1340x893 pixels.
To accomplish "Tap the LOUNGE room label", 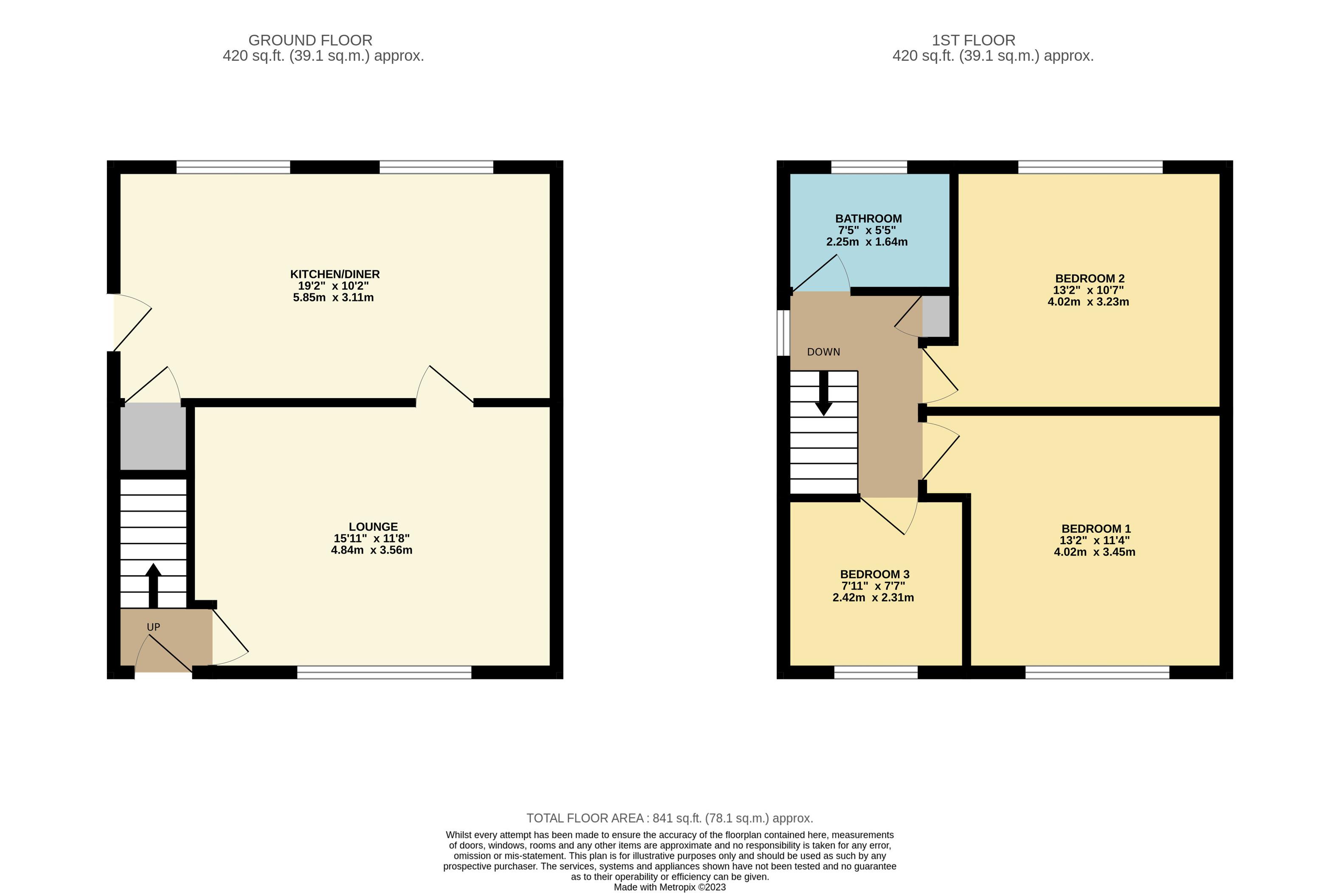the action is [x=373, y=527].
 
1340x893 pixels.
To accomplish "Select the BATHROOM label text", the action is [x=868, y=219].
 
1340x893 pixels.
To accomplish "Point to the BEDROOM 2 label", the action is [x=1090, y=278].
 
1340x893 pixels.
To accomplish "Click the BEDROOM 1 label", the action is [x=1096, y=528].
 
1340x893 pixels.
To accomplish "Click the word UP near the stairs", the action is [x=153, y=627].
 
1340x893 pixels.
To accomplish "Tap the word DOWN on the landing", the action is [x=823, y=352].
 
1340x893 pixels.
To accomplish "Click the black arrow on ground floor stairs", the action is [x=153, y=585].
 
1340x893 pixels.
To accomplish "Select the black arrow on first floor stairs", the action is [x=823, y=393].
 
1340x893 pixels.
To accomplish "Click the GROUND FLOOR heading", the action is [x=310, y=40].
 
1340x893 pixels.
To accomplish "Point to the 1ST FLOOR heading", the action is [x=973, y=40].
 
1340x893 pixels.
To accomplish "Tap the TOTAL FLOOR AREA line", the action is [x=670, y=818].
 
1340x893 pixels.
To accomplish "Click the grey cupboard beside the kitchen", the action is [x=153, y=436].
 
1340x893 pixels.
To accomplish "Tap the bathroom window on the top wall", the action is [x=868, y=167].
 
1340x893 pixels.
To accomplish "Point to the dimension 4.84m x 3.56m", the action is [x=371, y=550].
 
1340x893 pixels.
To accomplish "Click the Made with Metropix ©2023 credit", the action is [x=670, y=887].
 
